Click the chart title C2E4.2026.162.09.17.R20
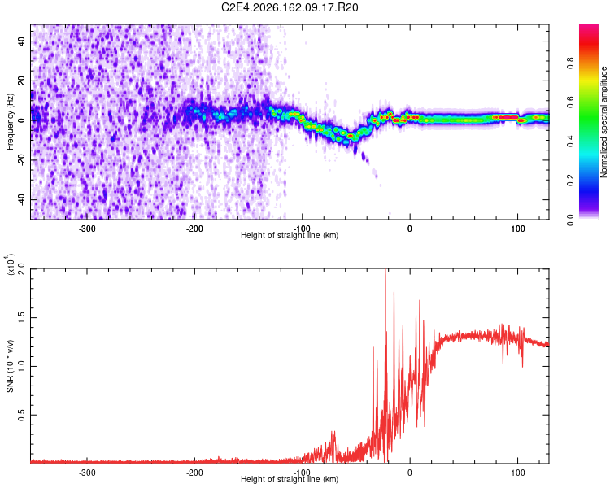pos(290,7)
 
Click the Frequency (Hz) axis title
pos(10,122)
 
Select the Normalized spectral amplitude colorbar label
pos(603,122)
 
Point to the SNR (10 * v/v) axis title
pos(10,366)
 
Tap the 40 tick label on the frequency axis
pos(21,41)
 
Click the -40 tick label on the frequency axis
pos(21,201)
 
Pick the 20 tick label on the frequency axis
pos(21,81)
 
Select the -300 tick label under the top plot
pos(87,229)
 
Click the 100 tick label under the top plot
pos(518,229)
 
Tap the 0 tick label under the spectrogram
pos(410,229)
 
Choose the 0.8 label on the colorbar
pos(570,63)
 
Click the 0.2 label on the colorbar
pos(570,180)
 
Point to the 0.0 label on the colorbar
pos(570,220)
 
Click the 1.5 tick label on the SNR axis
pos(21,317)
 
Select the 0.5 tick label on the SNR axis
pos(21,416)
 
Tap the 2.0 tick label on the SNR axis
pos(21,269)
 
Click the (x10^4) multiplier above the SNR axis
pos(10,264)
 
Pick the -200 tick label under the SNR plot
pos(194,473)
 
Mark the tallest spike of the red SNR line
pos(386,269)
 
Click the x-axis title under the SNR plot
pos(290,479)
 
